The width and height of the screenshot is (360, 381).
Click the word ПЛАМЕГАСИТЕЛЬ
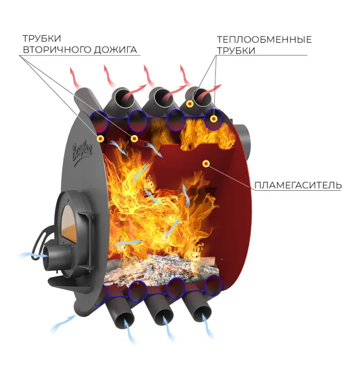click(x=298, y=186)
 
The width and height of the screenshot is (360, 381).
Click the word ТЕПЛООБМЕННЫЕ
click(x=264, y=40)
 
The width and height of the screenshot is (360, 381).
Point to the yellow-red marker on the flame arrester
click(x=206, y=164)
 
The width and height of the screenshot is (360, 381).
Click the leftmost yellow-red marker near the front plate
click(x=101, y=139)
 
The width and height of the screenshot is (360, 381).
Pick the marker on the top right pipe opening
click(x=189, y=104)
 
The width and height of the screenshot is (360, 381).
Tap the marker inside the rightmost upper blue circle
click(x=213, y=119)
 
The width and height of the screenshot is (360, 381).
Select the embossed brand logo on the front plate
click(x=82, y=152)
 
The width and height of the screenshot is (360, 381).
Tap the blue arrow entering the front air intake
click(x=32, y=255)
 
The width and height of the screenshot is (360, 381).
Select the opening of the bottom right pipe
click(x=203, y=314)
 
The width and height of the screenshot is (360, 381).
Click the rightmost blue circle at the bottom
click(x=213, y=286)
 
